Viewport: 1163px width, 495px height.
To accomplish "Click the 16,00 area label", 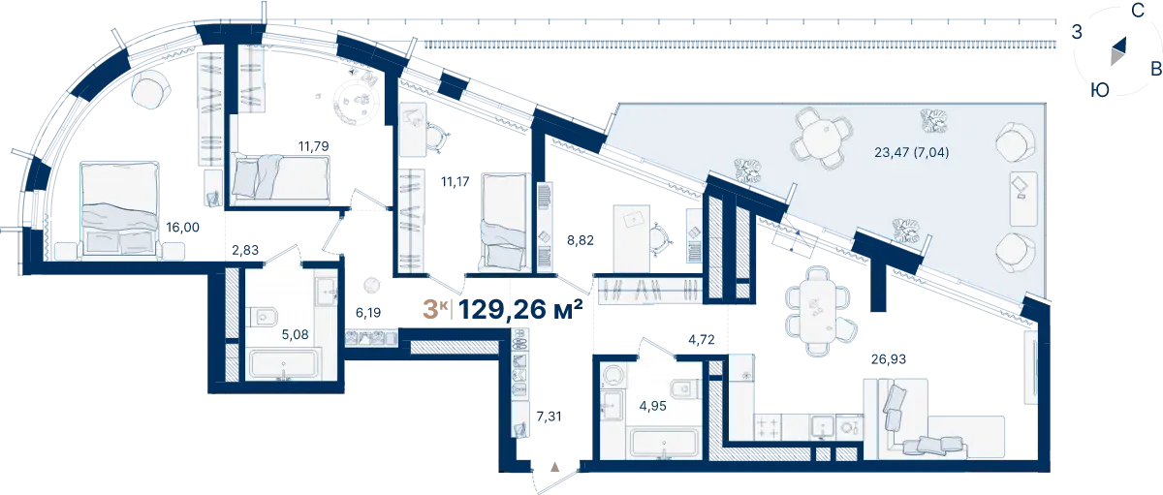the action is [183, 228].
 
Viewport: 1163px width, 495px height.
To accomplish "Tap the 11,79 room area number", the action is [314, 146].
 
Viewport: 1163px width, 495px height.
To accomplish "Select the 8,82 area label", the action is [581, 240].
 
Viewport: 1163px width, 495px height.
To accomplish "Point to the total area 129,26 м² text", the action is [520, 310].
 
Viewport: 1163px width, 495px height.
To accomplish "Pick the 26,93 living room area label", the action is [889, 359].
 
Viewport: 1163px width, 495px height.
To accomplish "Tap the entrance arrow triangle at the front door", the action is [555, 467].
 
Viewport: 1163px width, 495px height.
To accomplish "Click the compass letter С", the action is [1138, 11].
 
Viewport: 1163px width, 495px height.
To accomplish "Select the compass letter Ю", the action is [1100, 90].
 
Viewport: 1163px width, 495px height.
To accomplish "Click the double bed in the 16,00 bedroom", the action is [120, 210].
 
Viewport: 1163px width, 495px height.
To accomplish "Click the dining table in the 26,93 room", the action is [818, 311].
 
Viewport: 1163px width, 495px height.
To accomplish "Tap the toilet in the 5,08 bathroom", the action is [263, 317].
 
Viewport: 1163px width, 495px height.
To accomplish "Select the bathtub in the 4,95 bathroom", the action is [664, 443].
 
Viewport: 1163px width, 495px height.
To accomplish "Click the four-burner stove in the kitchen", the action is [768, 427].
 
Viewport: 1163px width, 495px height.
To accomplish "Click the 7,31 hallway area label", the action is [549, 417].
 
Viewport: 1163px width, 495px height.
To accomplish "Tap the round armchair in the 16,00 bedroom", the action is [151, 90].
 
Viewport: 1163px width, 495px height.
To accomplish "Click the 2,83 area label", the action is [245, 250].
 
